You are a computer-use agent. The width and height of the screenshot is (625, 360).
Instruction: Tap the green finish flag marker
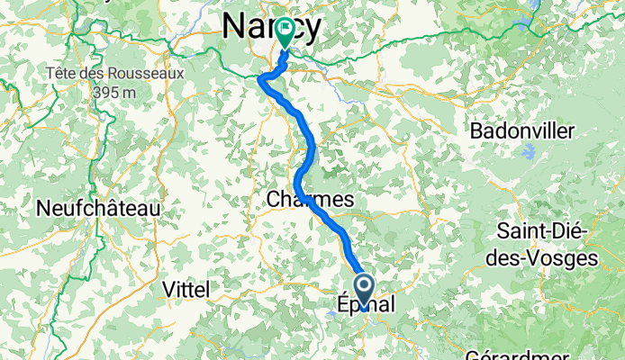click(285, 32)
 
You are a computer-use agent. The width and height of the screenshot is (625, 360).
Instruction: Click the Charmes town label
click(310, 200)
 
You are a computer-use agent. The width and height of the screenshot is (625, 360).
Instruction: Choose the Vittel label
click(186, 289)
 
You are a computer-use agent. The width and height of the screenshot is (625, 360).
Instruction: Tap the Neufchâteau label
click(98, 208)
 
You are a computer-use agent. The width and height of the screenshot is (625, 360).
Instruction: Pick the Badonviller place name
click(522, 131)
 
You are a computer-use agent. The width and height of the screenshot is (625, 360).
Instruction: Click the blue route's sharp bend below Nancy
click(262, 80)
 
